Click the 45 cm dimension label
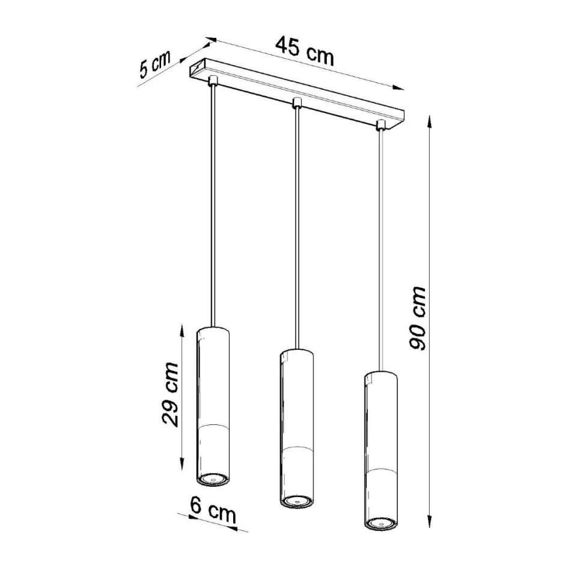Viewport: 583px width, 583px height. click(x=305, y=50)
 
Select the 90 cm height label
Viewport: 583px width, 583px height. click(x=417, y=319)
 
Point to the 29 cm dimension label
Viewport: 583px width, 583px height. click(x=170, y=394)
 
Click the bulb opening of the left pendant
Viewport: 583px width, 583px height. click(x=212, y=478)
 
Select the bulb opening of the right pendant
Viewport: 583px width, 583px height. click(x=379, y=523)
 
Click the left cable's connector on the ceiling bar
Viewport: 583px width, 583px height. click(x=213, y=81)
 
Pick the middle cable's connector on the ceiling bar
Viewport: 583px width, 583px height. click(x=296, y=103)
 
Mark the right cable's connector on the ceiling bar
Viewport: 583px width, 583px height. click(x=380, y=125)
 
